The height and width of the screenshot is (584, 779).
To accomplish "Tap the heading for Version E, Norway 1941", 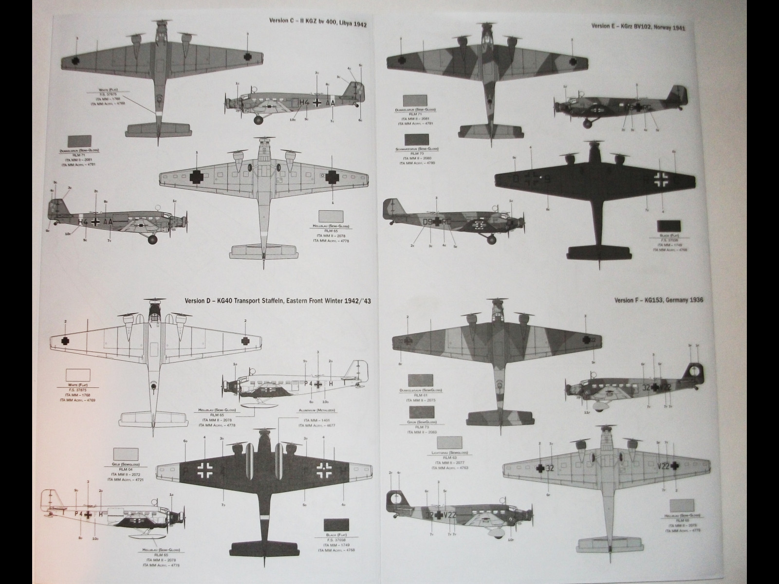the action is pos(638,28).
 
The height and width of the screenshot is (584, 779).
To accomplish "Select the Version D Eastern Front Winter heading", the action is pos(278,301).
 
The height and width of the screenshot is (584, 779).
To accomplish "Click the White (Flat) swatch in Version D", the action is pos(78,375).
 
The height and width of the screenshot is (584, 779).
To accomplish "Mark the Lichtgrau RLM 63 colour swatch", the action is pos(450,443).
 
